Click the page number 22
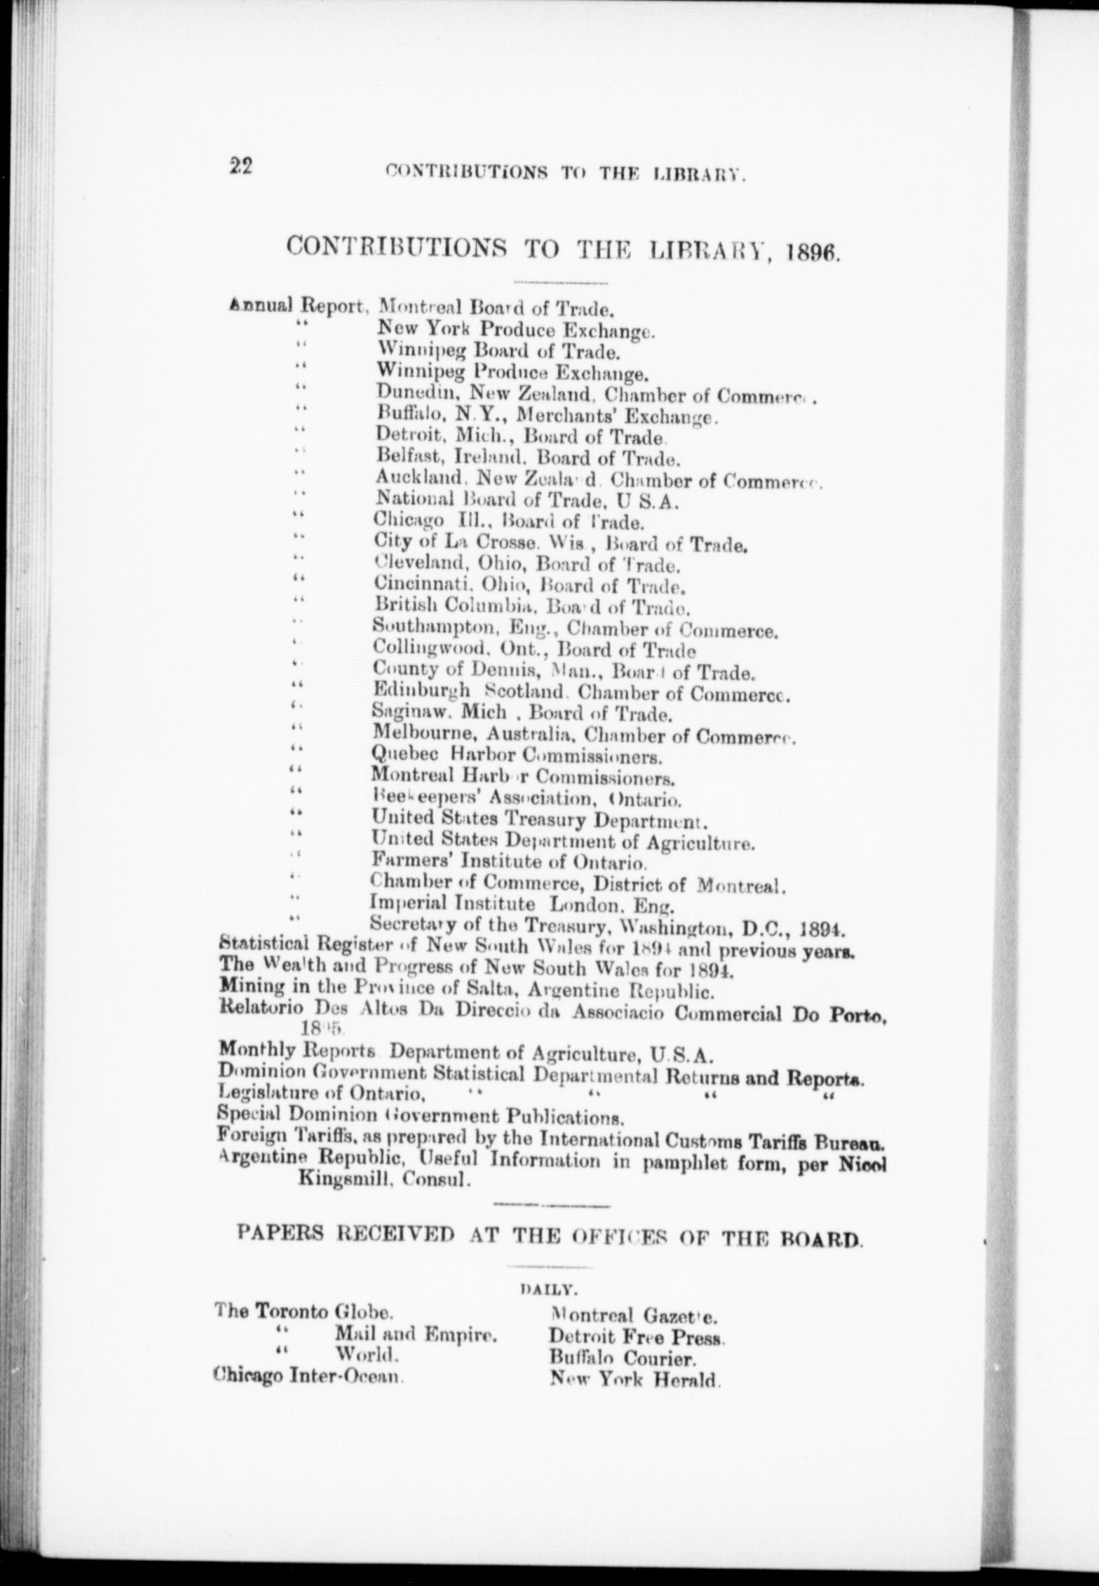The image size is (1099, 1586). click(x=241, y=167)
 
